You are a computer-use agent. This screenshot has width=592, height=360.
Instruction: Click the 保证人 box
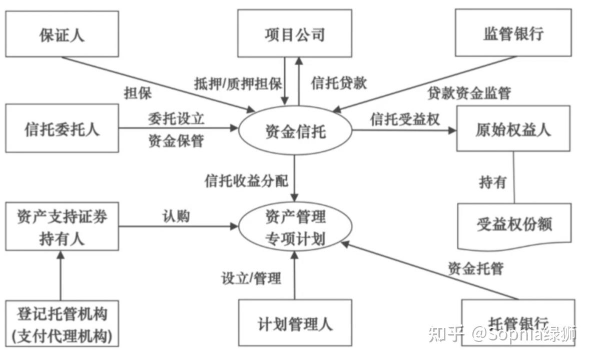[62, 33]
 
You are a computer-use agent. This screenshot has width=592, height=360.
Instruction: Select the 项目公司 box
[295, 33]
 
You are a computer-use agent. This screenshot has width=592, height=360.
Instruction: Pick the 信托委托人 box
[62, 128]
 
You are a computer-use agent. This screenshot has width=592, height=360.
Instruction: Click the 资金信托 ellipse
[295, 131]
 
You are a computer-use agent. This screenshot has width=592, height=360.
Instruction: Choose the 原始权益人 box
[513, 128]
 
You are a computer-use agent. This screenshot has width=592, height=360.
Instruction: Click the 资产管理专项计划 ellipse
[295, 227]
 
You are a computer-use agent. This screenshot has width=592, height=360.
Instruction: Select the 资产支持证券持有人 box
[62, 226]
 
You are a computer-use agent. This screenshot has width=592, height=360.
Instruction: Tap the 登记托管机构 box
[62, 323]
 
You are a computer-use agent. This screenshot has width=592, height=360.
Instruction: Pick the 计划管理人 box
[295, 323]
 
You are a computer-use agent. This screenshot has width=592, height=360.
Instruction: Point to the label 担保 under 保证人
[138, 92]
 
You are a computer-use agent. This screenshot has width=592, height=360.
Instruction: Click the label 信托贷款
[339, 82]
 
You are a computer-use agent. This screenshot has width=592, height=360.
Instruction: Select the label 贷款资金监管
[469, 92]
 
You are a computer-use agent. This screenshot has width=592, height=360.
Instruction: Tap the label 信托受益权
[405, 118]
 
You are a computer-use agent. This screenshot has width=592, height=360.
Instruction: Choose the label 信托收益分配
[246, 180]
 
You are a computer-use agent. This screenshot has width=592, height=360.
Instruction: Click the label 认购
[175, 215]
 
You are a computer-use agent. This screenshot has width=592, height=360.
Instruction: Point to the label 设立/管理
[251, 278]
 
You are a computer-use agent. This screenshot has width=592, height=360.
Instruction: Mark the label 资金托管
[475, 268]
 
